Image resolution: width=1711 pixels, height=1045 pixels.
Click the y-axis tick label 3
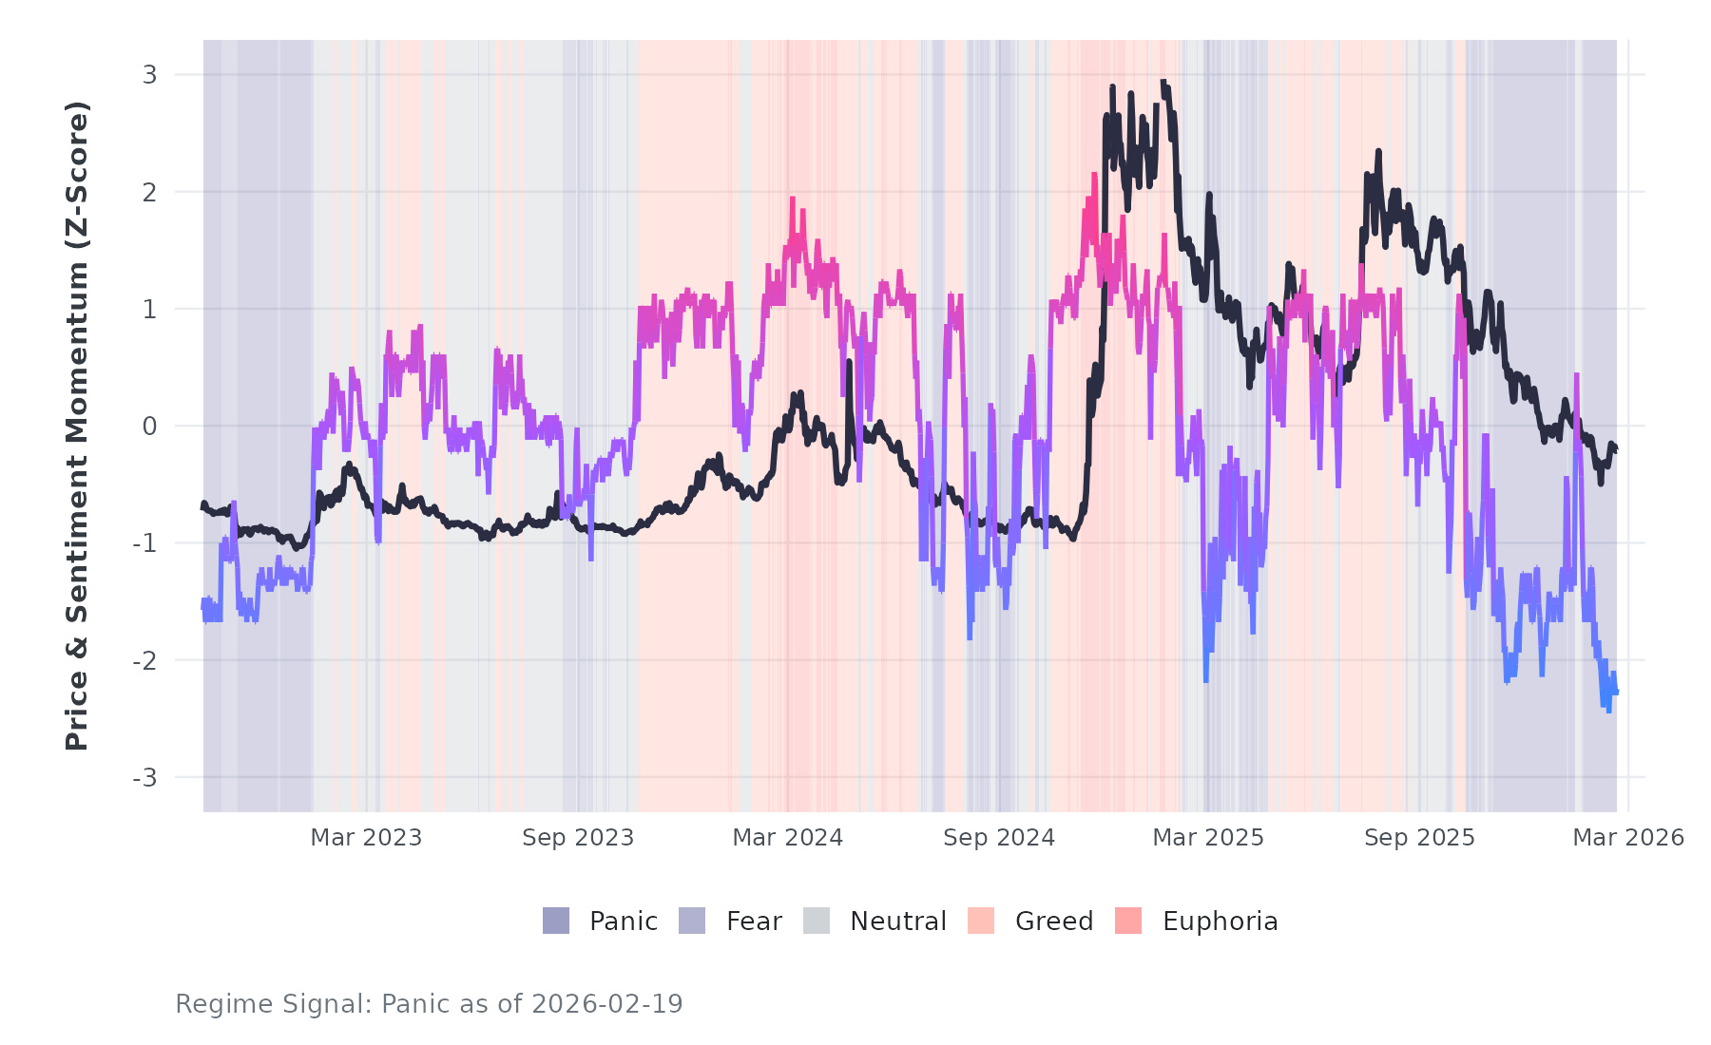click(x=149, y=74)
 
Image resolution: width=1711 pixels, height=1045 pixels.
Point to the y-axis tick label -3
click(x=144, y=778)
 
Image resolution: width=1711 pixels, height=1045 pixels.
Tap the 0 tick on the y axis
click(x=149, y=427)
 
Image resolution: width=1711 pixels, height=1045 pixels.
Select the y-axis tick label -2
click(x=144, y=661)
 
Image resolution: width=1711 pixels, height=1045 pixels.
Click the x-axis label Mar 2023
click(x=366, y=838)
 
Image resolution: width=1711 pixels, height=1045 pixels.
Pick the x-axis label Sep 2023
click(x=578, y=838)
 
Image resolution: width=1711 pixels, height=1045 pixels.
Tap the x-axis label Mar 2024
click(x=788, y=838)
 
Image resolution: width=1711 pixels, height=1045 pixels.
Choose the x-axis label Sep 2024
click(x=999, y=838)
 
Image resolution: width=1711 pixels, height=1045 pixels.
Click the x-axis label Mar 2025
click(x=1208, y=838)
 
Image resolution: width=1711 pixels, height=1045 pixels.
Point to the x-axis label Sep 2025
click(x=1419, y=838)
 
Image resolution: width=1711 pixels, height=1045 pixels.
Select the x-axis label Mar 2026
click(x=1628, y=838)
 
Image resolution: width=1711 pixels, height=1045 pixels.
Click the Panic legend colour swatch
click(x=556, y=921)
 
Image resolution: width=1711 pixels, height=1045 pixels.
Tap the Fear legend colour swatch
click(x=692, y=921)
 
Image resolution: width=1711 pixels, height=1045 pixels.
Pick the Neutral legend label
click(x=897, y=921)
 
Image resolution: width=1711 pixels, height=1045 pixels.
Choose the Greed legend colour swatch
click(x=981, y=921)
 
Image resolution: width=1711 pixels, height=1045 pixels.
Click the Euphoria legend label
click(x=1220, y=921)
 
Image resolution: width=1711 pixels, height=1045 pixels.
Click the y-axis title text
click(x=77, y=426)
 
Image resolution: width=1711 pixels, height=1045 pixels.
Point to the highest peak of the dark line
click(x=1163, y=83)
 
